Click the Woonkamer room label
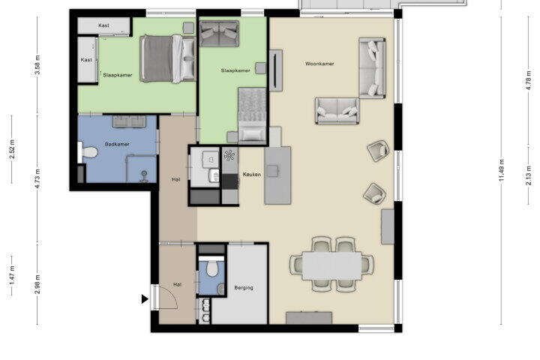[319, 64]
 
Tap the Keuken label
[252, 175]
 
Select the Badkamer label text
[117, 144]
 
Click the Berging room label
[244, 288]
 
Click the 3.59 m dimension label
[38, 64]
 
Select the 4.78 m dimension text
[528, 80]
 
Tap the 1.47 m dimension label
[12, 275]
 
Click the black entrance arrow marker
[145, 299]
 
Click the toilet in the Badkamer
[88, 152]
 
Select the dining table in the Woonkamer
[332, 265]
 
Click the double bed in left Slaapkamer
[168, 59]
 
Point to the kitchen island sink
[273, 170]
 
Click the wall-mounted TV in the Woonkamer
[275, 70]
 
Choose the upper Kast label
[104, 25]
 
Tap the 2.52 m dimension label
[12, 149]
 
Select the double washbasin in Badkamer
[129, 121]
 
